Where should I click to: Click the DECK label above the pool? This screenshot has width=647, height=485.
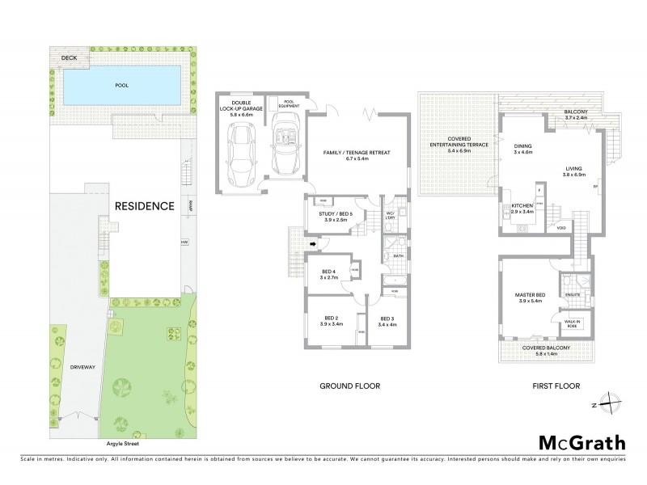coord(70,58)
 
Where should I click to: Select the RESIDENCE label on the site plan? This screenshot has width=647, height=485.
coord(143,205)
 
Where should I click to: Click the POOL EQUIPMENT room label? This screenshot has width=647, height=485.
coord(289,104)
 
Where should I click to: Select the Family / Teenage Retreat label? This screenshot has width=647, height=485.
coord(357,156)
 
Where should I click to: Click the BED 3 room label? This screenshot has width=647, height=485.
coord(387,322)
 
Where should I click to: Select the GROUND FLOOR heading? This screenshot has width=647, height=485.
coord(351,386)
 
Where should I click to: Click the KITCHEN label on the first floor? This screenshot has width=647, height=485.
coord(522,209)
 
